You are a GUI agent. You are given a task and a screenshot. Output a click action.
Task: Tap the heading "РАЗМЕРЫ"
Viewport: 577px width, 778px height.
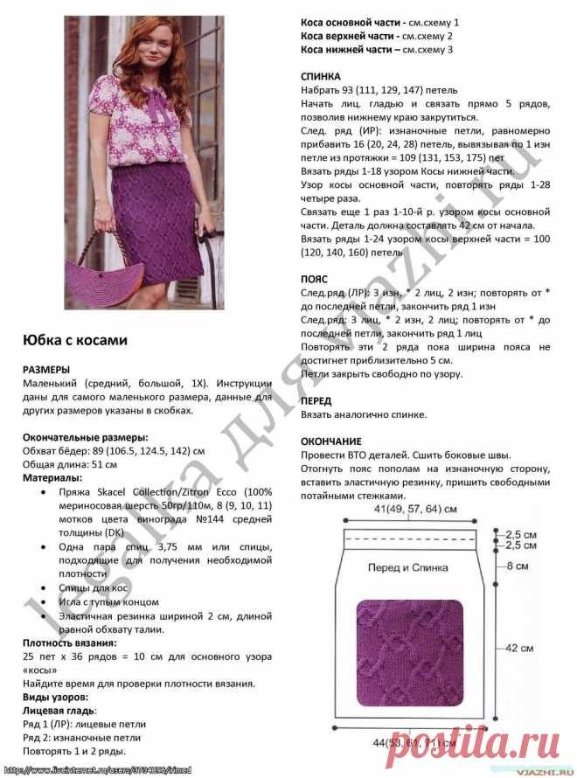pos(48,369)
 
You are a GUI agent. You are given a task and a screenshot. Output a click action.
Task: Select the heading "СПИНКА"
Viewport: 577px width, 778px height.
pos(321,77)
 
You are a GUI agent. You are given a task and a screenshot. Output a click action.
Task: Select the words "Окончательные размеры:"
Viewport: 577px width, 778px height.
pos(85,437)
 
